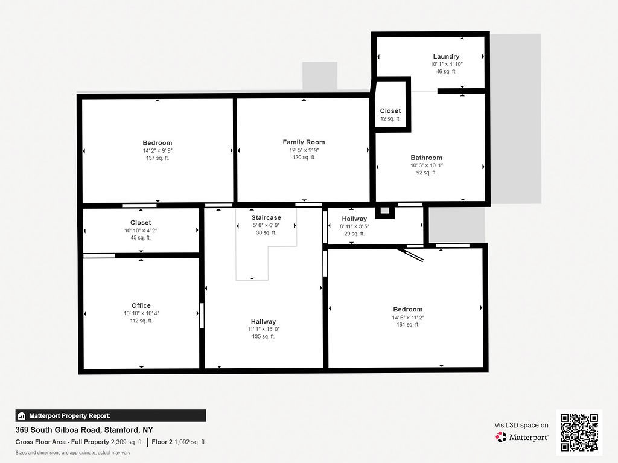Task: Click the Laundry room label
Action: coord(446,56)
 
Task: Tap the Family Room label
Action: coord(304,142)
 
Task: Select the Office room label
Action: coord(141,305)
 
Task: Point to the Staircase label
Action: coord(266,217)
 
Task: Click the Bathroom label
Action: coord(426,158)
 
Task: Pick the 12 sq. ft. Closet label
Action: coord(390,111)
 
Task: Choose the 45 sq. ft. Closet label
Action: coord(141,223)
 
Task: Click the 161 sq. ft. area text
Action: coord(407,325)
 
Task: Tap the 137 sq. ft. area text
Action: coord(158,158)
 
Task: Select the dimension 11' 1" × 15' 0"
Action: coord(264,329)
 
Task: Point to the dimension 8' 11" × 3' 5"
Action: coord(354,226)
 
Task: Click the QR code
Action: coord(579,432)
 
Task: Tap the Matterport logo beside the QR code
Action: coord(522,437)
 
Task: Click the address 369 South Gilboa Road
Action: coord(84,430)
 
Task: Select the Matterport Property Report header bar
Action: coord(110,415)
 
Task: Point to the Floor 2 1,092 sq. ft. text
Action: coord(179,442)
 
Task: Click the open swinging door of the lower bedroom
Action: coord(411,254)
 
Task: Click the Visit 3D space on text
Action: coord(521,425)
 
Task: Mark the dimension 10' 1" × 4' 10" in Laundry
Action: coord(446,64)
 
